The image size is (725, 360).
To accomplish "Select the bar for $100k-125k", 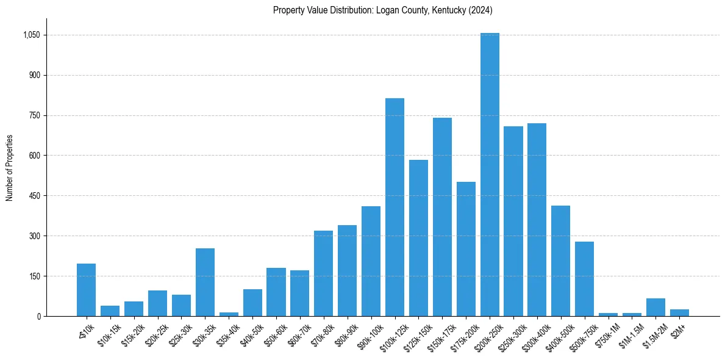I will [x=395, y=207].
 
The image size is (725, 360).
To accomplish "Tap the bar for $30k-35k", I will [x=205, y=283].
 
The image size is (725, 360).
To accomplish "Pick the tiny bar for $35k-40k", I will [x=229, y=314].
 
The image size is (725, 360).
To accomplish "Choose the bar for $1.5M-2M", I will [x=655, y=308].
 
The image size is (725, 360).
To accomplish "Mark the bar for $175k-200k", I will [x=466, y=249].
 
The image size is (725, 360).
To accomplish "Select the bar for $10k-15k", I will [x=110, y=311].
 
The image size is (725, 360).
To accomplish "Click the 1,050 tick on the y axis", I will [x=32, y=35].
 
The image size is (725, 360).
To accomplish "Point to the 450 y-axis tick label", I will [x=35, y=196].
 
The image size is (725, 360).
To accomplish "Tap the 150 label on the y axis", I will [x=35, y=276].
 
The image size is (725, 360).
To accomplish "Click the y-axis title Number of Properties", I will [x=10, y=167].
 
